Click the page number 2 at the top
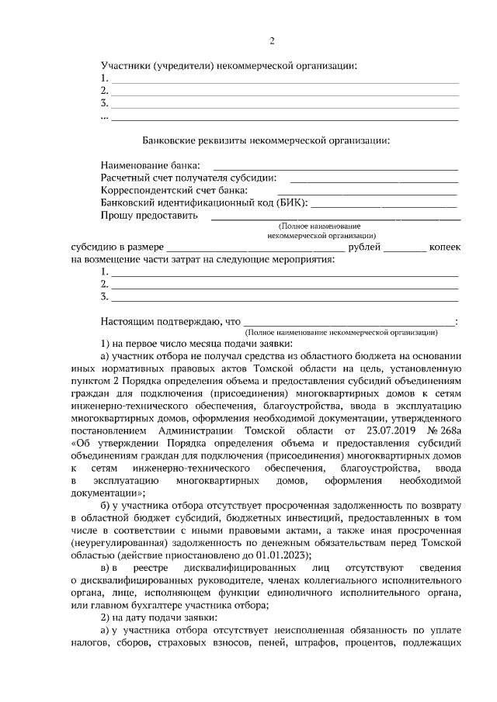272,41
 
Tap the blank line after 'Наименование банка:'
335,166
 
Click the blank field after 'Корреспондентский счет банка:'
367,191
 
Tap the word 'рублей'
364,246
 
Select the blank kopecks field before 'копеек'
405,247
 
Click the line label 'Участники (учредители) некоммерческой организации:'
229,66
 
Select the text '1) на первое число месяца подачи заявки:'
196,343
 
